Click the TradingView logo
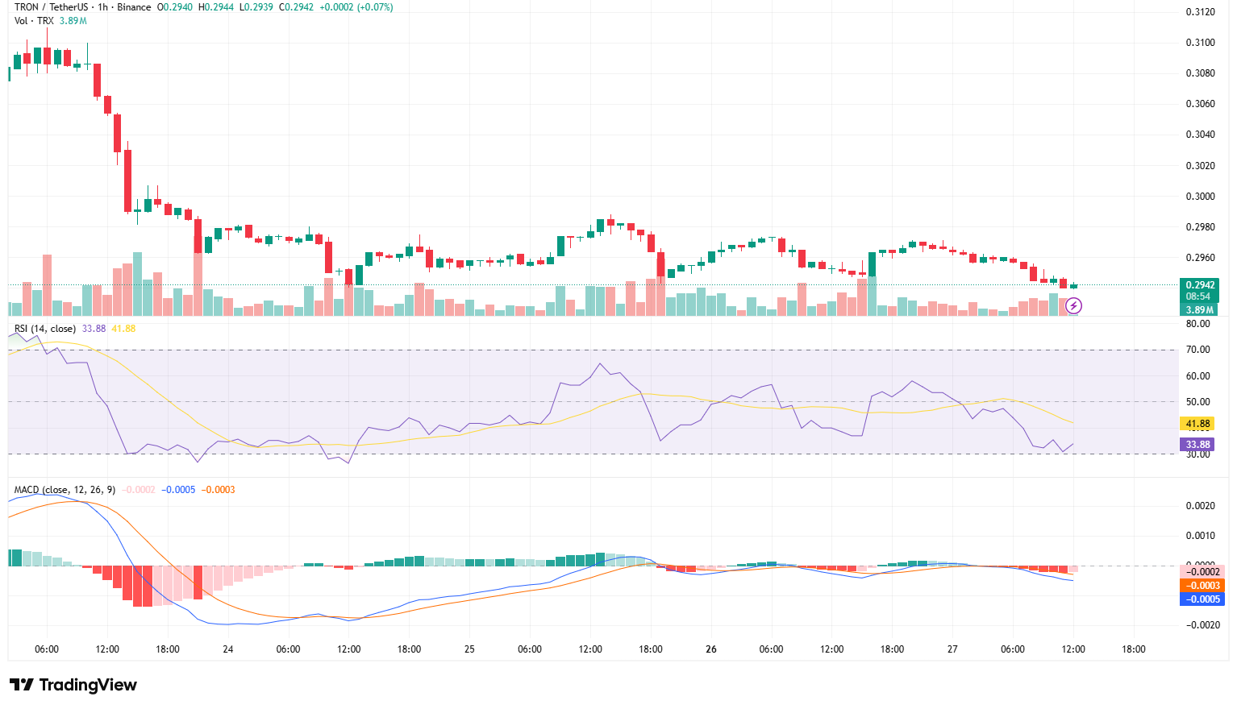(x=73, y=685)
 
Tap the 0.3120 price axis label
(x=1200, y=12)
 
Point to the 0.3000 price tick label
(x=1200, y=197)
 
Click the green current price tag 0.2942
(x=1199, y=285)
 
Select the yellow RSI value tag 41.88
(x=1197, y=424)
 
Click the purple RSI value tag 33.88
(x=1197, y=445)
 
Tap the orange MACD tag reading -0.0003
(x=1202, y=586)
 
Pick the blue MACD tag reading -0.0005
(x=1202, y=599)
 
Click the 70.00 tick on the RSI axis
(x=1198, y=350)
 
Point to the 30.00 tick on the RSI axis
(x=1198, y=454)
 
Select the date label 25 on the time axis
(x=469, y=649)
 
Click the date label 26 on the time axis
(x=710, y=649)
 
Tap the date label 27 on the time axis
(x=952, y=649)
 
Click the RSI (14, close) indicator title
(x=45, y=329)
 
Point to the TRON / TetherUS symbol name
(x=52, y=7)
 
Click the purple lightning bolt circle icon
(x=1074, y=305)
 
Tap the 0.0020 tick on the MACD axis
(x=1200, y=506)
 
